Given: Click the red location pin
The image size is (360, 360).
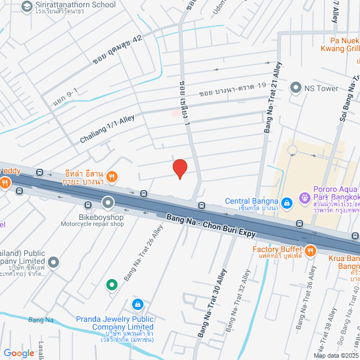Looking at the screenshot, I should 179,168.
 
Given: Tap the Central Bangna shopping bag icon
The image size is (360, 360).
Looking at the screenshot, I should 286,201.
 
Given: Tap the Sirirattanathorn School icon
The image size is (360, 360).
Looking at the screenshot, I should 26,6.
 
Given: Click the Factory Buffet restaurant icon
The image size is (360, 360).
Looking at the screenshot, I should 310,249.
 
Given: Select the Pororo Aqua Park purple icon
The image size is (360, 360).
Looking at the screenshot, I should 305,197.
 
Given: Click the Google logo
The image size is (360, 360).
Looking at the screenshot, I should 19,353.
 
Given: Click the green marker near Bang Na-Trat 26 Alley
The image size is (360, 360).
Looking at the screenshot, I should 112,285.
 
